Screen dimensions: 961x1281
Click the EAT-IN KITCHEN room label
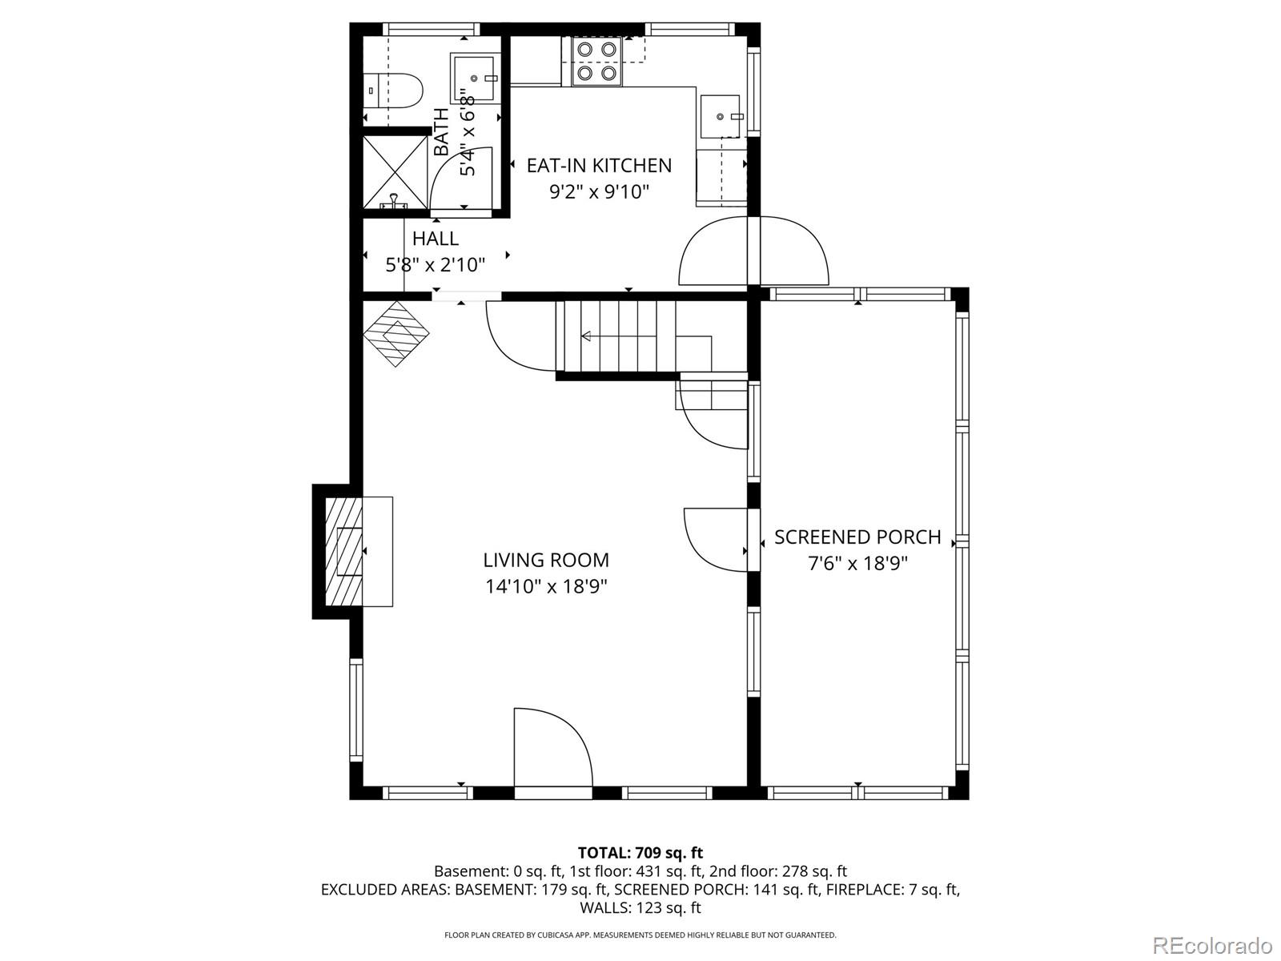(x=599, y=166)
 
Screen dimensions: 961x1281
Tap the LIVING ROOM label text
(x=546, y=560)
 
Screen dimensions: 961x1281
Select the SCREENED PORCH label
(x=857, y=537)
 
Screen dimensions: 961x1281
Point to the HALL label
(x=436, y=239)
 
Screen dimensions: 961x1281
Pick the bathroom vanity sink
(x=475, y=78)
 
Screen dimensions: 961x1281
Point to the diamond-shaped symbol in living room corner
(x=398, y=333)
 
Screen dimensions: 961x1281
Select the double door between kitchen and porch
(x=753, y=251)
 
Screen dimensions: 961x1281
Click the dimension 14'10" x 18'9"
(x=546, y=586)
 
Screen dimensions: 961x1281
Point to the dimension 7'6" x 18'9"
(x=857, y=563)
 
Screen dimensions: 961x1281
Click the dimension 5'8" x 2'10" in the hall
(x=436, y=265)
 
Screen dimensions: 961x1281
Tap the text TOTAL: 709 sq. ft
(x=640, y=852)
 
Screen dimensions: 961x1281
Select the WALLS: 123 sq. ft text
(x=640, y=907)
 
